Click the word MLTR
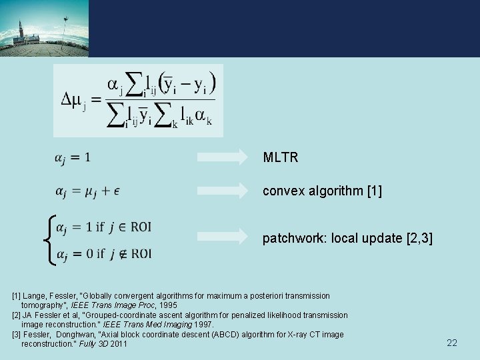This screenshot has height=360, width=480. (x=281, y=158)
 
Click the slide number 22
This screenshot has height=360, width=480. (x=452, y=343)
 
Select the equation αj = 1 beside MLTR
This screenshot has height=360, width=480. (x=73, y=158)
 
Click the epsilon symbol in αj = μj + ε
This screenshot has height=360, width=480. (x=117, y=192)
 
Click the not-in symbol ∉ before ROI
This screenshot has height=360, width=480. (x=122, y=253)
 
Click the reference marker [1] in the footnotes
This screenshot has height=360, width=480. (x=17, y=295)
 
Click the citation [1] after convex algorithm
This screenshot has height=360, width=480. (x=375, y=191)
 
